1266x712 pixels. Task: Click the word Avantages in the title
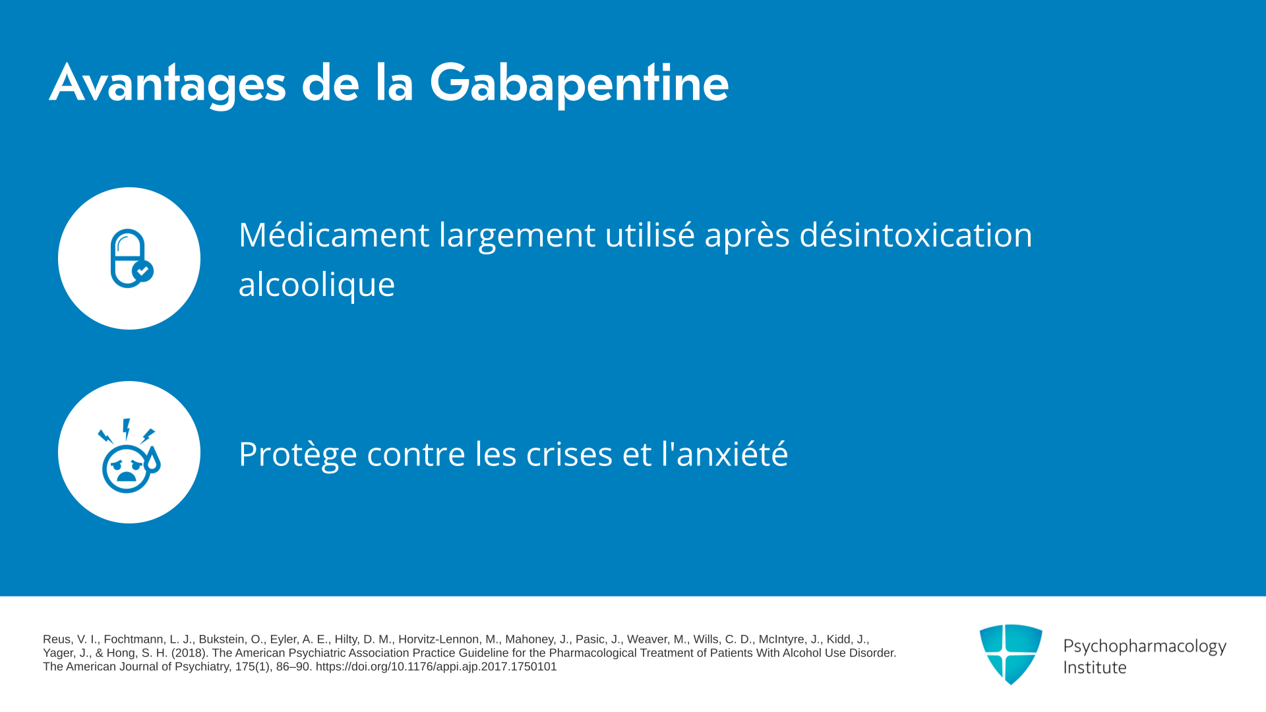[x=168, y=84]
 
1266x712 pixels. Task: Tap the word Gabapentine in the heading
[x=579, y=84]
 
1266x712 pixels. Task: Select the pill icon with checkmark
[x=131, y=258]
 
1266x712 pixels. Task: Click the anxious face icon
[x=129, y=456]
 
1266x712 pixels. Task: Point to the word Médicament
[x=334, y=235]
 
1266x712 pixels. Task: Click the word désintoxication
[x=916, y=235]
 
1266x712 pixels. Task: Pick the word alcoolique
[x=316, y=284]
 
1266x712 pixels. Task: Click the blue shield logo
[x=1011, y=654]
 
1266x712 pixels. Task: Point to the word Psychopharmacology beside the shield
[x=1145, y=647]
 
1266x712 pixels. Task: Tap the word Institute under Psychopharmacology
[x=1095, y=668]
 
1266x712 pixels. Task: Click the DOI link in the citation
[x=436, y=667]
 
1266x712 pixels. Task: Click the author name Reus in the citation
[x=57, y=639]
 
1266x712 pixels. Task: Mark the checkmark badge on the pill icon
[x=143, y=271]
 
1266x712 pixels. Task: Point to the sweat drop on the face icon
[x=153, y=460]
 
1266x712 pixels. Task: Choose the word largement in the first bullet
[x=518, y=236]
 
